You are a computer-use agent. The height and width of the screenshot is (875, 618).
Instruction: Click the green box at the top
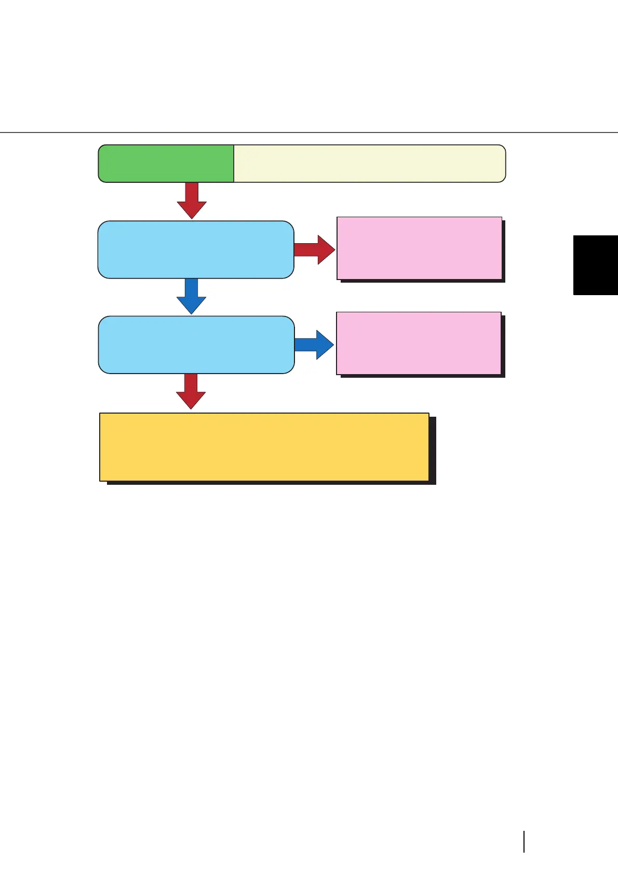tap(166, 164)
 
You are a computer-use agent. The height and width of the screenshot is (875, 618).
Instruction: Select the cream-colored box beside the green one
tap(369, 164)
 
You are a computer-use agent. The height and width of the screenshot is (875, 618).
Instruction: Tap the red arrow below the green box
tap(192, 201)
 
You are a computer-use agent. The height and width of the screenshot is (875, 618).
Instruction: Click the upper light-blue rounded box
tap(196, 249)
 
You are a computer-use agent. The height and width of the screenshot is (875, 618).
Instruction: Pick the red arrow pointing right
tap(315, 249)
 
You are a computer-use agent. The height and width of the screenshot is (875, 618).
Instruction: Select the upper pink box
tap(419, 248)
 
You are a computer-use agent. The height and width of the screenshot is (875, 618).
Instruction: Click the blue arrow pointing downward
tap(191, 296)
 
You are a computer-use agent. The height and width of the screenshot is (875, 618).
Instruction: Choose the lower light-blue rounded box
tap(196, 344)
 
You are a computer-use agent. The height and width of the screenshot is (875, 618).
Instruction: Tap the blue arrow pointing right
tap(314, 344)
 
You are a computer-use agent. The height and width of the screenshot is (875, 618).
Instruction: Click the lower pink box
tap(419, 343)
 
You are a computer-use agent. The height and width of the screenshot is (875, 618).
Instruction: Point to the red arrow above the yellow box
tap(191, 391)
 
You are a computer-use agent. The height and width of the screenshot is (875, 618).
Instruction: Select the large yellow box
tap(264, 447)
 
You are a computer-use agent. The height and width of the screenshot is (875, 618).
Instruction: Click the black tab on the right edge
tap(596, 265)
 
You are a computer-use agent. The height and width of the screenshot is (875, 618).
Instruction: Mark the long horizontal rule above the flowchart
tap(309, 132)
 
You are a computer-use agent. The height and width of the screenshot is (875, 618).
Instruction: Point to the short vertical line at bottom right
tap(524, 842)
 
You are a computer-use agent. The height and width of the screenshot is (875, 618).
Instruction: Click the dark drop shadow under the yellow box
tap(270, 483)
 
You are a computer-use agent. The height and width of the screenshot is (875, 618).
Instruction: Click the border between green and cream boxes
tap(234, 164)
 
